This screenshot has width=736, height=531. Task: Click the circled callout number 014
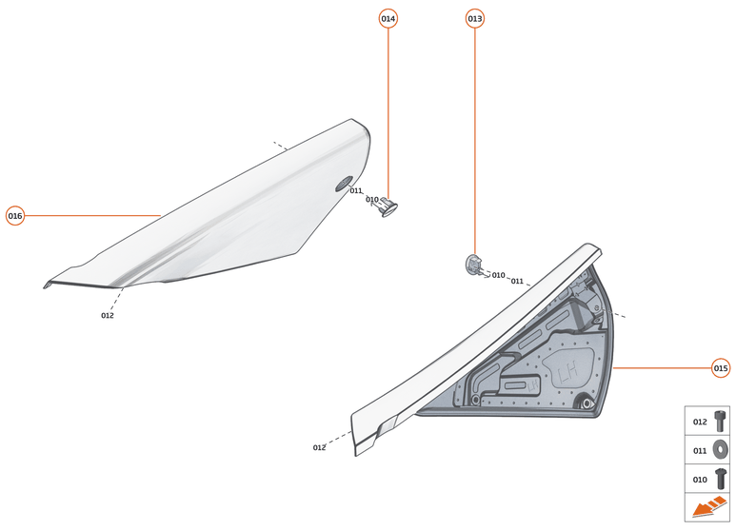388,19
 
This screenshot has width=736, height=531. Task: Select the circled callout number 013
474,19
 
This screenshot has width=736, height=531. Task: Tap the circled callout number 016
15,216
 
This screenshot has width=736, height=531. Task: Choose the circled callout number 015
721,367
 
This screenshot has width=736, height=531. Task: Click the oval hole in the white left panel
344,184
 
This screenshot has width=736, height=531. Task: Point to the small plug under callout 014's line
388,206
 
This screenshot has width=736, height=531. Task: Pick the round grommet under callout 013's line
473,265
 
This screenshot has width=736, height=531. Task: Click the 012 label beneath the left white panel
108,316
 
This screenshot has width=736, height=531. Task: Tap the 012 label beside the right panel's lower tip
319,447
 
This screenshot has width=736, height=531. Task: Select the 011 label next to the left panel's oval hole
356,191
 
